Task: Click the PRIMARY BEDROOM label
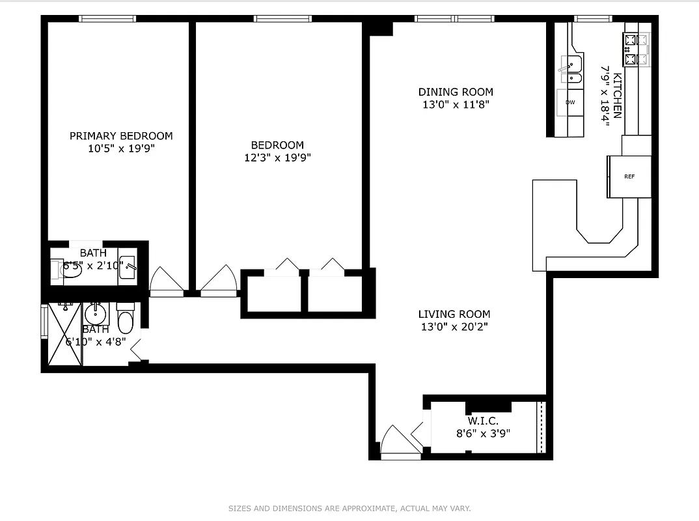coord(121,136)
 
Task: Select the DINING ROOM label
coord(456,92)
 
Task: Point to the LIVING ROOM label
coord(454,314)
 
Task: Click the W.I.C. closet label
coord(482,421)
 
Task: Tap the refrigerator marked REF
coord(629,176)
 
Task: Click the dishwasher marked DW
coord(570,103)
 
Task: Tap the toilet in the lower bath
coord(125,320)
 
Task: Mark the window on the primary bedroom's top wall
coord(107,19)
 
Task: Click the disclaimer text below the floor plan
coord(349,508)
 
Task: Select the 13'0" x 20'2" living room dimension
coord(454,327)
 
